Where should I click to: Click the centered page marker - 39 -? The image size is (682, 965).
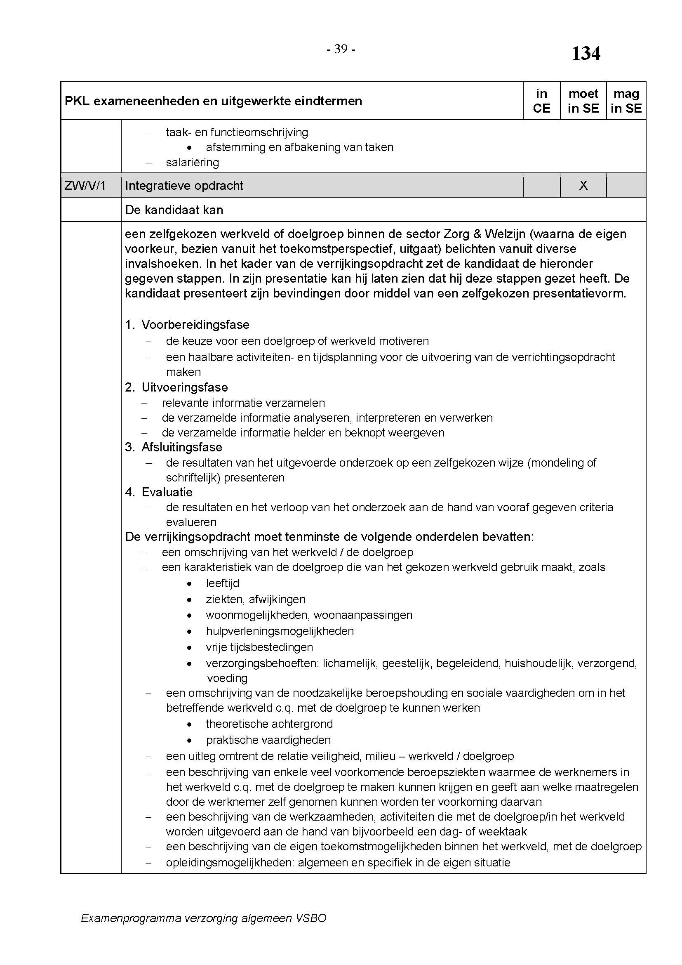coord(341,50)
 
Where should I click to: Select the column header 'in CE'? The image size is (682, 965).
coord(541,101)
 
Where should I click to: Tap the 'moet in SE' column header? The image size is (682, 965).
coord(583,101)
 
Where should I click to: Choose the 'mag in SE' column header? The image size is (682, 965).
coord(626,101)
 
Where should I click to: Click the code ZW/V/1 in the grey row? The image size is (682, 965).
coord(85,185)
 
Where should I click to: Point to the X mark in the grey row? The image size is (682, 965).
coord(583,185)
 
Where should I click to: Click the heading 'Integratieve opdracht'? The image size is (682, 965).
coord(184,185)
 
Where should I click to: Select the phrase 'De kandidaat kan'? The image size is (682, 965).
coord(174,210)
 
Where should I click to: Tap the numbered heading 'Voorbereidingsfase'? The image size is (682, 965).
coord(195,324)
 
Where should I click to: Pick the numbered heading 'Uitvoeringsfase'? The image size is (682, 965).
coord(184,387)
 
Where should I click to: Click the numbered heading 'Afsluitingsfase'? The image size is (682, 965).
coord(181,447)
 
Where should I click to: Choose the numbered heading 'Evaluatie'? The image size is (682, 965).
coord(167,492)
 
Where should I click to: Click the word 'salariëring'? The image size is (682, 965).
coord(192,162)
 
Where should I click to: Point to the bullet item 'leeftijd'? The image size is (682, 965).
coord(223,583)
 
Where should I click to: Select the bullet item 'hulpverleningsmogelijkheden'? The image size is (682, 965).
coord(280,631)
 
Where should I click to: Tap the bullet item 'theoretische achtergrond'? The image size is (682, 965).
coord(269,724)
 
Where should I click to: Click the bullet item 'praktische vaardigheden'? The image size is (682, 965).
coord(268,740)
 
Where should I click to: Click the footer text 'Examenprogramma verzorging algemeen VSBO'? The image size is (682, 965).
coord(203,918)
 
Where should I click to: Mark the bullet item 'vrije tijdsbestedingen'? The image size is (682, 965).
coord(259,647)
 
